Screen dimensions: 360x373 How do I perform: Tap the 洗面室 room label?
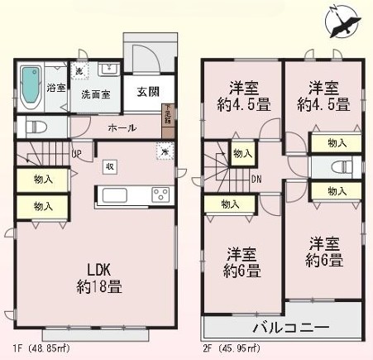(97, 94)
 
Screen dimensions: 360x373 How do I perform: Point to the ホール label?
(122, 128)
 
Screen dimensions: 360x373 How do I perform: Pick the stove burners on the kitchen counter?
(159, 196)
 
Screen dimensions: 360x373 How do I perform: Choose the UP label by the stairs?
(76, 153)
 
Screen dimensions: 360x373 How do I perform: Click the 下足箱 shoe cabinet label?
(168, 113)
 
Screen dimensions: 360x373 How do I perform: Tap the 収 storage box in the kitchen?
(109, 166)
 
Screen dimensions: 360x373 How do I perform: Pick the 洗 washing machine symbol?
(79, 72)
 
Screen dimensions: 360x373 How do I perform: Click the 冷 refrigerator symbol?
(165, 151)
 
